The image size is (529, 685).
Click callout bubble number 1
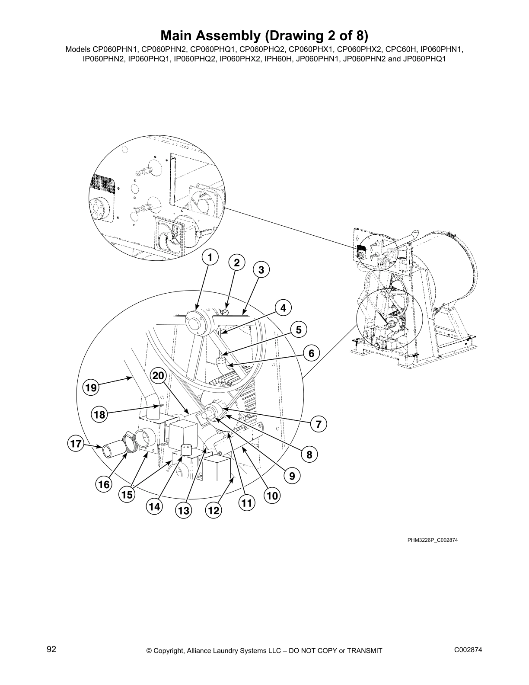(210, 258)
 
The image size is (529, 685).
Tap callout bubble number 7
(318, 424)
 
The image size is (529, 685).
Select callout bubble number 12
(214, 511)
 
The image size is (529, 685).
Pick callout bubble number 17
(76, 444)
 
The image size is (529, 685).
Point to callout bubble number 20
(158, 376)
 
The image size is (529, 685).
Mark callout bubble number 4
(283, 308)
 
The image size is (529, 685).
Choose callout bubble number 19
(91, 388)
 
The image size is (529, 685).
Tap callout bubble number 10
(272, 496)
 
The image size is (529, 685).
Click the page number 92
(51, 649)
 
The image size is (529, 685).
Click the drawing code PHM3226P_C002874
(432, 540)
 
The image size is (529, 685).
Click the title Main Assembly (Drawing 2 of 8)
(264, 35)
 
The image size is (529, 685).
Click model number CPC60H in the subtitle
(404, 49)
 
